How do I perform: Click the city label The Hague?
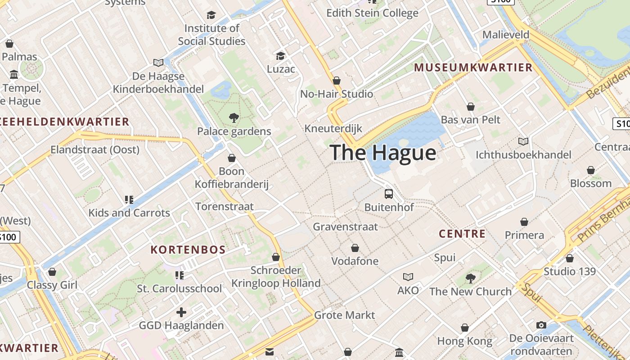[x=383, y=153]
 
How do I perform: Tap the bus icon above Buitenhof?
[x=389, y=194]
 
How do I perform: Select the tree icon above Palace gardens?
[x=234, y=118]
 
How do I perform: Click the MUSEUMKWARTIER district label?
[x=473, y=68]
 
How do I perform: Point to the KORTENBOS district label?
[x=188, y=250]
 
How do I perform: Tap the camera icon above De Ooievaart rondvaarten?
[x=541, y=325]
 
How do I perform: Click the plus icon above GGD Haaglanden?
[x=181, y=312]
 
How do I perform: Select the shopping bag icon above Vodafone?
[x=355, y=248]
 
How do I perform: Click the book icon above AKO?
[x=408, y=277]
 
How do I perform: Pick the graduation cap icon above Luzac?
[x=281, y=56]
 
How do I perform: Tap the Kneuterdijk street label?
[x=333, y=129]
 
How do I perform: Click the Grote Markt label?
[x=344, y=315]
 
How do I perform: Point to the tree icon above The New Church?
[x=470, y=279]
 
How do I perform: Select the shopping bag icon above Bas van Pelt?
[x=470, y=107]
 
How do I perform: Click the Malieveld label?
[x=506, y=35]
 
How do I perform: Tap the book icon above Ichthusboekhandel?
[x=523, y=142]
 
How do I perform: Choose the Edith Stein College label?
[x=372, y=13]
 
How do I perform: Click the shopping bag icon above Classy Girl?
[x=52, y=272]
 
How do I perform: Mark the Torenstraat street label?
[x=225, y=207]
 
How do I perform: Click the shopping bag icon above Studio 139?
[x=570, y=258]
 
